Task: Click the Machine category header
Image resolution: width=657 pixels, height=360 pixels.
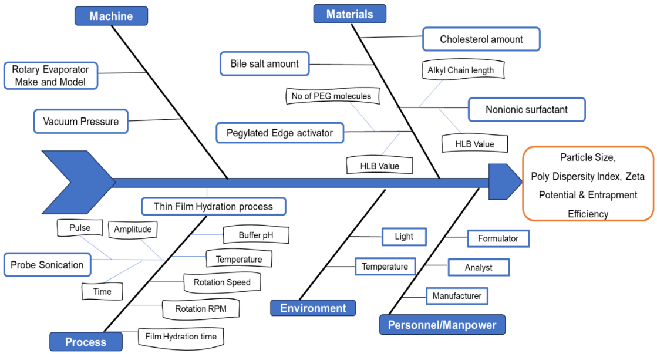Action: click(111, 16)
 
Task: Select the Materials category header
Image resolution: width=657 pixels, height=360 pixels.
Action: click(349, 14)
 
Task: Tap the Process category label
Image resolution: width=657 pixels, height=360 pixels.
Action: click(86, 342)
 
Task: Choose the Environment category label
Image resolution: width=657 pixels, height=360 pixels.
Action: click(313, 308)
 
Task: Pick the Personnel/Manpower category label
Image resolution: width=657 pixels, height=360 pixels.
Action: click(442, 325)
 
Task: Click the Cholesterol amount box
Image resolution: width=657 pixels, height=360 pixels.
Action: click(481, 39)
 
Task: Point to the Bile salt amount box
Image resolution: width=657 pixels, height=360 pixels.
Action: click(264, 63)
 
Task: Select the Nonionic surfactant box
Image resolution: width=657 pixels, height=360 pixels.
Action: click(526, 109)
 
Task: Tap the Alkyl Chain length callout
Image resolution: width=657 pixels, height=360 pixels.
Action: click(460, 70)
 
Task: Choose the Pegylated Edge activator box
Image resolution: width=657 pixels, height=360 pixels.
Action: click(279, 133)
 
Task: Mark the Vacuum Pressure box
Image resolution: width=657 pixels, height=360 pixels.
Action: click(80, 122)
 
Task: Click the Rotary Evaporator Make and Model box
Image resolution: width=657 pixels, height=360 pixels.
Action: click(50, 76)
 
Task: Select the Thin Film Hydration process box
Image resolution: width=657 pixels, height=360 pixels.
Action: click(213, 206)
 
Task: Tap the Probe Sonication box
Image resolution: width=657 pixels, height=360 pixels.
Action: click(47, 265)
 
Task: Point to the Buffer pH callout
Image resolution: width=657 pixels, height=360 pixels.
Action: click(255, 236)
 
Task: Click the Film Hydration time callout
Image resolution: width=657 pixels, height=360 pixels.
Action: click(181, 337)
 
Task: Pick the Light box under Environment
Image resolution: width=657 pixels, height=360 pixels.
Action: click(403, 237)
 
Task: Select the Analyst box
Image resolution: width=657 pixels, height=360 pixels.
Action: click(479, 267)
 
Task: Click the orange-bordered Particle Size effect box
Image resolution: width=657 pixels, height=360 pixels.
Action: click(588, 183)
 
